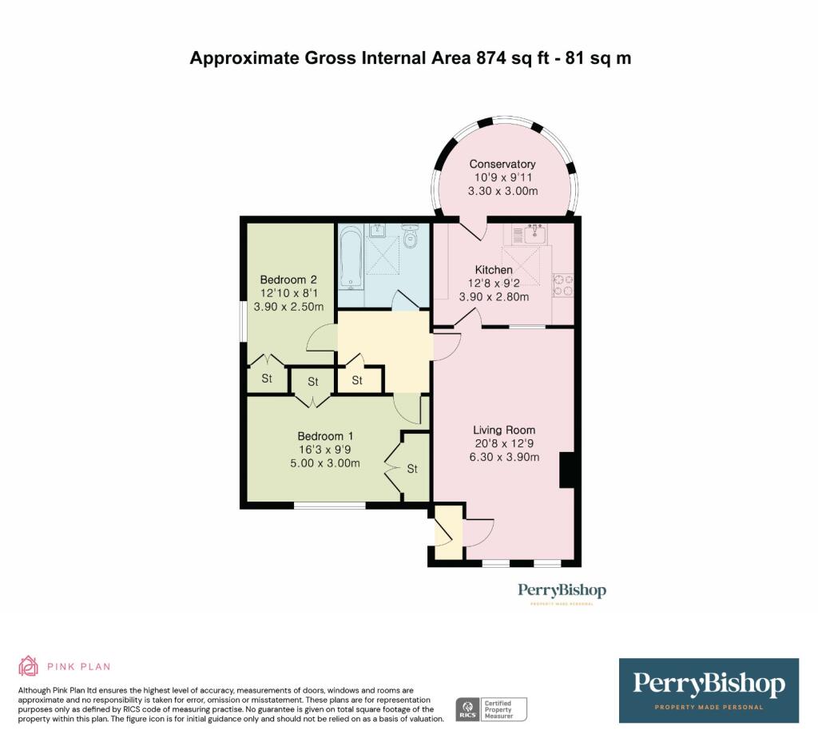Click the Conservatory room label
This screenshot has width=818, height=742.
502,164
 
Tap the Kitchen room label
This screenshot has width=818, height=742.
494,270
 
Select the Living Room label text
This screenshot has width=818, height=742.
502,430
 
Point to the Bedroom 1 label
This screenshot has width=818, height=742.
325,436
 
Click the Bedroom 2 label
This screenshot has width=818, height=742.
288,280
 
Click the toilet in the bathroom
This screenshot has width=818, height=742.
411,237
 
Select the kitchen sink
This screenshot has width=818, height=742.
529,233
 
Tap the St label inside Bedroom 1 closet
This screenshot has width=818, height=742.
412,469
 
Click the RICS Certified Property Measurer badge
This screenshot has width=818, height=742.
491,708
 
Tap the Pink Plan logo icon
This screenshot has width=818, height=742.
29,666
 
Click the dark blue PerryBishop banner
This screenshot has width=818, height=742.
709,690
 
